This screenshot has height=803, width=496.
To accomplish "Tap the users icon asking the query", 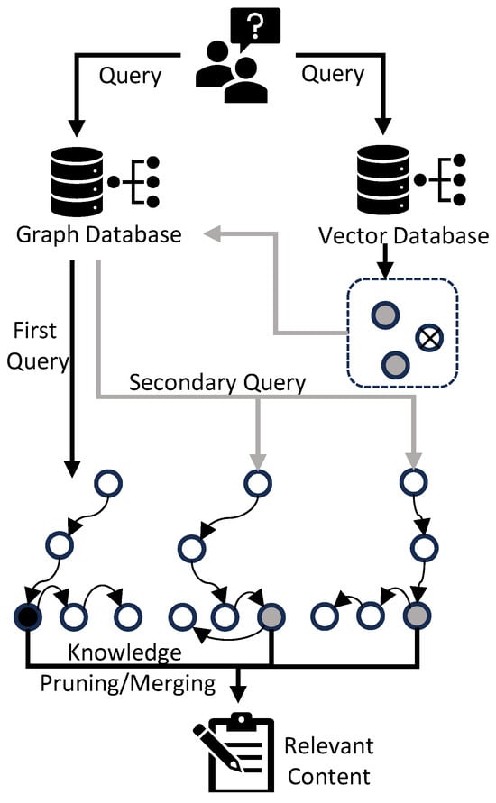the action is [232, 72].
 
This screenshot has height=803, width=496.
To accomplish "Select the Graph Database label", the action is [99, 235].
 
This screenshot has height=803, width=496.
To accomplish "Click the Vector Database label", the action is [403, 235].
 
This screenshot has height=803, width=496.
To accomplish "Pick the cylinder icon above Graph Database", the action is [77, 182].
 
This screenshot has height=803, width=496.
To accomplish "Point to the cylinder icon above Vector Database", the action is [383, 179].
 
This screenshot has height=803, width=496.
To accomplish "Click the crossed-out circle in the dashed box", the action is [429, 338].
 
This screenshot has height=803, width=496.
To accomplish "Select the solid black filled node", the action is [28, 616].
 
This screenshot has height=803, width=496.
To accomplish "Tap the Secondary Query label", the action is [217, 382].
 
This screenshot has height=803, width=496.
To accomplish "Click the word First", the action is [34, 331].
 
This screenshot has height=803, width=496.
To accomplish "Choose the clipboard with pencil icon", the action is [234, 752].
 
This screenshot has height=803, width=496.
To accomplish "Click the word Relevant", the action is [329, 745].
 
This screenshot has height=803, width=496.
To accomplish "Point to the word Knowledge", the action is [125, 653].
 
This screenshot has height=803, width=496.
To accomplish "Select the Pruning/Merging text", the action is [128, 684].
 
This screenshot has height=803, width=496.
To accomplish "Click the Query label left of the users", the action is [130, 77].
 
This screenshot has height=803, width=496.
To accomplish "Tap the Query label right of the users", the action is [333, 74].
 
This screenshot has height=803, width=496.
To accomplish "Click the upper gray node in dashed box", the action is [385, 314].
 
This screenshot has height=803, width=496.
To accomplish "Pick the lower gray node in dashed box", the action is [396, 365].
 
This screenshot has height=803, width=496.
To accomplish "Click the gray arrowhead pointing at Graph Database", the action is [212, 233].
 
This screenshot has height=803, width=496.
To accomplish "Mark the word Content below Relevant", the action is [329, 776].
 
